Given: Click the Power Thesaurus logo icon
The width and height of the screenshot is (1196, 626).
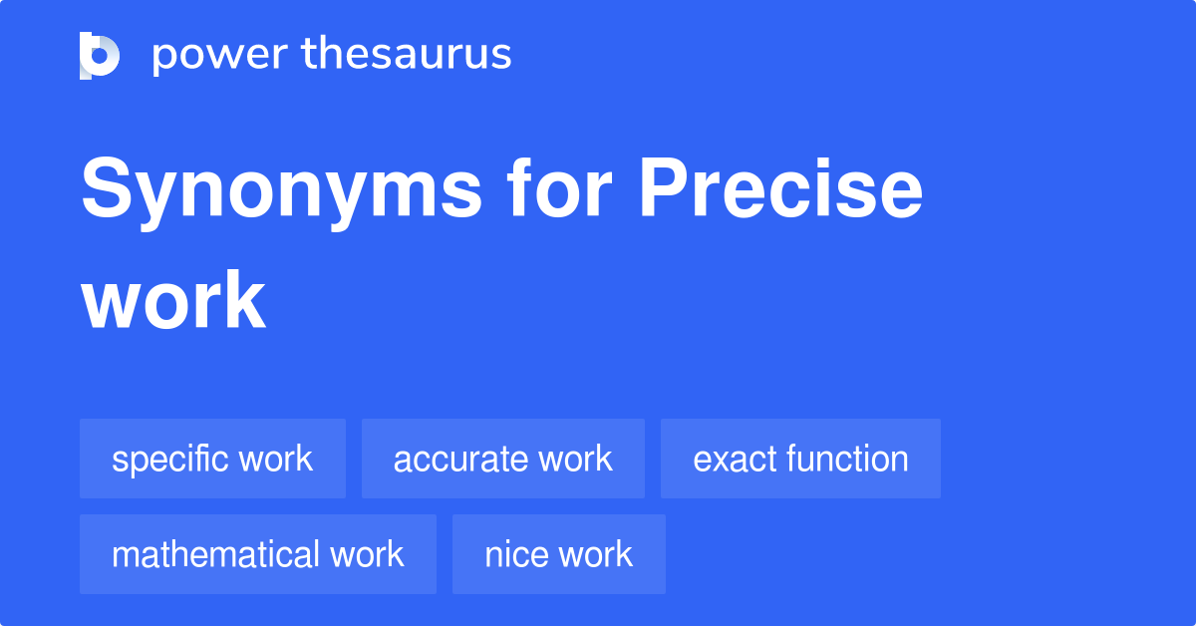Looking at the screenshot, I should tap(100, 55).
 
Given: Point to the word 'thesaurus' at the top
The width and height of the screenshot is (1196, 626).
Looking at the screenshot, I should tap(408, 55).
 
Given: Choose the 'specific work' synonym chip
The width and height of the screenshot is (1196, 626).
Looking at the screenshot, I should tap(212, 459).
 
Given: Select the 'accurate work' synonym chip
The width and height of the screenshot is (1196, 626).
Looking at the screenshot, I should tap(502, 459).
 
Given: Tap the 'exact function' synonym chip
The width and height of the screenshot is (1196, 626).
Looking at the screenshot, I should tap(800, 459).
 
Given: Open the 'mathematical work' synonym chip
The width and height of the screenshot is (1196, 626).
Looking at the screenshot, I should tap(257, 554).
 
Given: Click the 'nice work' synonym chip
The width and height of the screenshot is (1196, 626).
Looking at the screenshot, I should tap(558, 554).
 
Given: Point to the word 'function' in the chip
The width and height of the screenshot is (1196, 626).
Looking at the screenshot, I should tap(847, 459).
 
